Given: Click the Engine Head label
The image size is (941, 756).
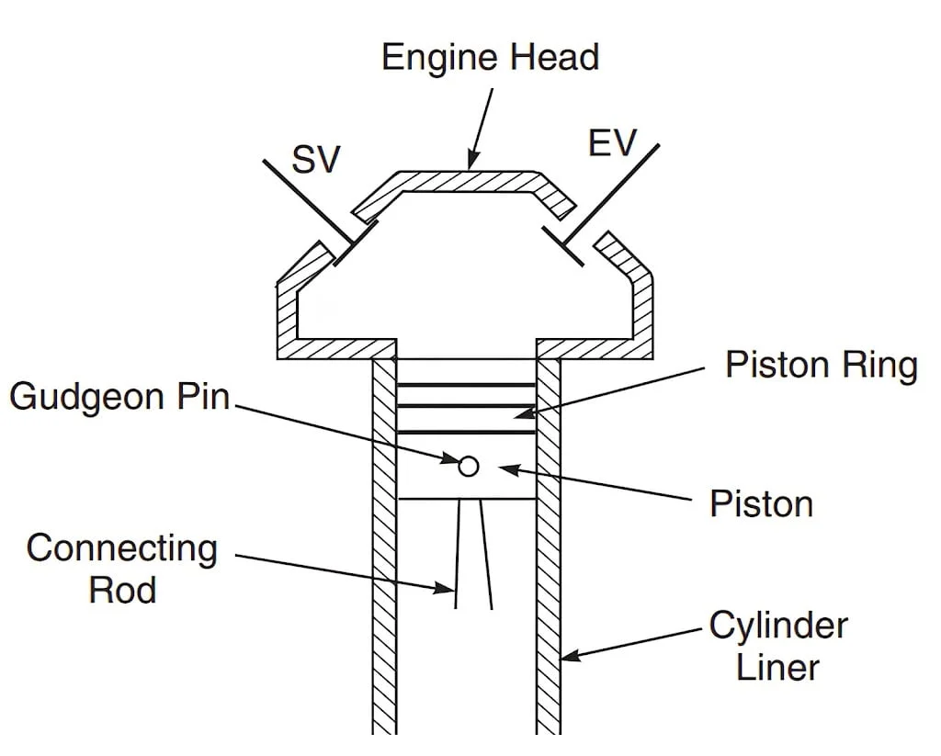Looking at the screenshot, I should click(490, 57).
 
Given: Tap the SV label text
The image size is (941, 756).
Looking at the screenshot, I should click(315, 160).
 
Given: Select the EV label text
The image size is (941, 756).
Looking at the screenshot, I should click(612, 144).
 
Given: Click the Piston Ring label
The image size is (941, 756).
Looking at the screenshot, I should click(821, 366).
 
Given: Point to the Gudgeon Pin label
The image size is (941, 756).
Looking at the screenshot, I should click(119, 397).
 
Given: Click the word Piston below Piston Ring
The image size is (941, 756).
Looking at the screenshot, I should click(761, 503).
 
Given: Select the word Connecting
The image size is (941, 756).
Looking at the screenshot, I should click(122, 549).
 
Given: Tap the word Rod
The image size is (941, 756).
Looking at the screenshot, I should click(122, 589).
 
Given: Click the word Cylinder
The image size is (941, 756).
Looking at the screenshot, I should click(777, 626).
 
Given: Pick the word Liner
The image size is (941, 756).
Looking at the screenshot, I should click(777, 667).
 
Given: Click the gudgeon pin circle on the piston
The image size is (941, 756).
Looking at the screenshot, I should click(469, 466).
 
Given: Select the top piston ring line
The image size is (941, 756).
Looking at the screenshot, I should click(467, 385).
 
